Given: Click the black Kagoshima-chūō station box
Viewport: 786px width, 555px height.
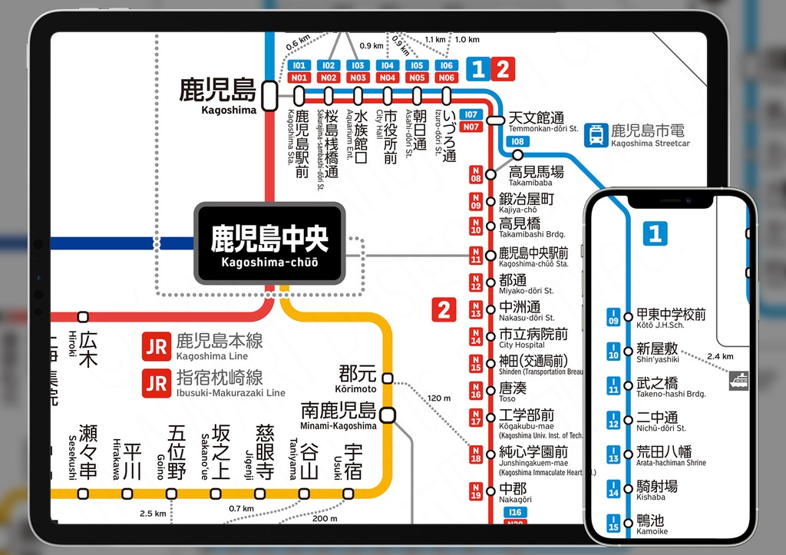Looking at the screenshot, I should (x=269, y=243).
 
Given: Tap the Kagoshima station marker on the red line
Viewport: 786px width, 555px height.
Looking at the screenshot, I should (x=269, y=96).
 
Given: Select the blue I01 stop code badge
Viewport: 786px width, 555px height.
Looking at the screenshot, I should (x=299, y=66).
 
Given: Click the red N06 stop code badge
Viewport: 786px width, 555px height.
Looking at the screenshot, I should (x=446, y=78).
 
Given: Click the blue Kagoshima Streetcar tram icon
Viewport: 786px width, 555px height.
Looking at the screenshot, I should (x=595, y=136).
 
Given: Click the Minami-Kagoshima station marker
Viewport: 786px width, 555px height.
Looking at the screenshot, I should (x=388, y=415).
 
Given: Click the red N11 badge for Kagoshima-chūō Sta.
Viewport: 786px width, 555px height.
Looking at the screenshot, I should (x=476, y=256).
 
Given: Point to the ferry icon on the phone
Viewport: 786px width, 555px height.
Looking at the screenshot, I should (x=738, y=379).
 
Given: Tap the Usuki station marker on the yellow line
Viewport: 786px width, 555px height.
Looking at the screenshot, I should (x=353, y=494).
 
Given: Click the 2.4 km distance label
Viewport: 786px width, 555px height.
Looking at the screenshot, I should (x=720, y=356).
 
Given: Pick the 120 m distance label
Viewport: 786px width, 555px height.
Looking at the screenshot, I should (x=440, y=398).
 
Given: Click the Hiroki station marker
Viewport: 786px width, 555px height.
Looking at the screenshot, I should (x=83, y=316).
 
